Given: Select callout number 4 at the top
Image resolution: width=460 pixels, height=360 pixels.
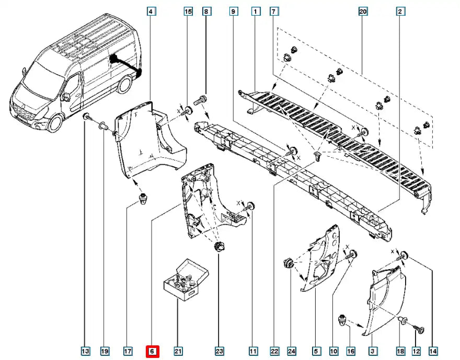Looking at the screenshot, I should pos(151,11).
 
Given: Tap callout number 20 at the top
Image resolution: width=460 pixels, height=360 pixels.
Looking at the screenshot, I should pos(363,11).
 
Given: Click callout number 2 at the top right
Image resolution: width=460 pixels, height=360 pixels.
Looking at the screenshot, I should pos(400,11).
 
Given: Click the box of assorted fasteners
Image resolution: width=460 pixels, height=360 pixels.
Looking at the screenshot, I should pos(186,280).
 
